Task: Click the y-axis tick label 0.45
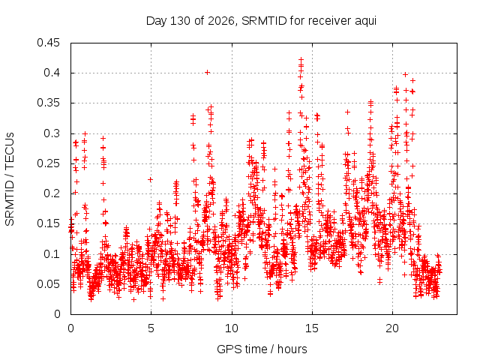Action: click(48, 43)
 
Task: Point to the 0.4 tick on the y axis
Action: click(52, 73)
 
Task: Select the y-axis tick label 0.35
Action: click(48, 103)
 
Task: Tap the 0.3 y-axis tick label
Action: click(52, 133)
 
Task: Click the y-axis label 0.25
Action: click(48, 163)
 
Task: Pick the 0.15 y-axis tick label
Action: click(48, 223)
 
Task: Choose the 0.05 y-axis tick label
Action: click(48, 284)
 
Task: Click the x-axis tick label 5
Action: click(151, 328)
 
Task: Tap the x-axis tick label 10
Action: click(232, 328)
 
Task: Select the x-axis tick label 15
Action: click(312, 328)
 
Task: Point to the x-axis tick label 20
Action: click(392, 328)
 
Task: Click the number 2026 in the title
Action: click(221, 21)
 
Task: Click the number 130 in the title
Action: click(181, 21)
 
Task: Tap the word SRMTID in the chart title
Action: click(264, 21)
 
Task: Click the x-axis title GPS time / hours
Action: click(262, 349)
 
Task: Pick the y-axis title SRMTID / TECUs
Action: click(10, 179)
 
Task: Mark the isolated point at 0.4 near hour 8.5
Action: click(207, 73)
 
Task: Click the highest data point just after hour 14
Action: click(301, 59)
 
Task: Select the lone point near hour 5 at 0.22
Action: click(150, 179)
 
